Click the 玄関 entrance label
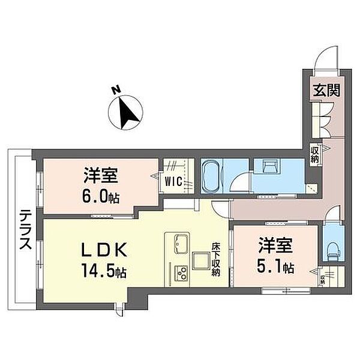(327, 90)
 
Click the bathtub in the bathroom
(211, 176)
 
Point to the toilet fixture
(334, 253)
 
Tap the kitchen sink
(182, 244)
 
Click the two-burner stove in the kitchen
(181, 273)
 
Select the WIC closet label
(174, 182)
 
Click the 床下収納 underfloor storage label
(216, 259)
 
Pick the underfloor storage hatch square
(201, 261)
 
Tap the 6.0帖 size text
(101, 197)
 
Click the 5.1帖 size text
(275, 267)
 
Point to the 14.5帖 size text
(104, 272)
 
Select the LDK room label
(104, 250)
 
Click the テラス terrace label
(25, 230)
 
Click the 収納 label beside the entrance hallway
(314, 155)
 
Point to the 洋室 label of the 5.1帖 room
(275, 245)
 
